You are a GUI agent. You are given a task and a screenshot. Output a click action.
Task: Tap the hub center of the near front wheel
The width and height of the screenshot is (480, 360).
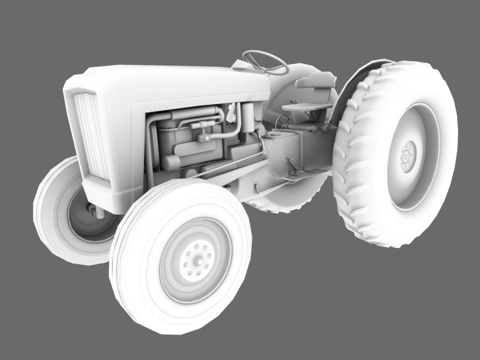pyautogui.click(x=197, y=260)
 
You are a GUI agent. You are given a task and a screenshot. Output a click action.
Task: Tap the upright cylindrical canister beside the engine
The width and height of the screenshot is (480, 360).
pyautogui.click(x=248, y=117)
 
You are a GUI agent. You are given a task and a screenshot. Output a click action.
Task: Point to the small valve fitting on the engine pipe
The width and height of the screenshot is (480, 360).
pyautogui.click(x=203, y=138)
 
